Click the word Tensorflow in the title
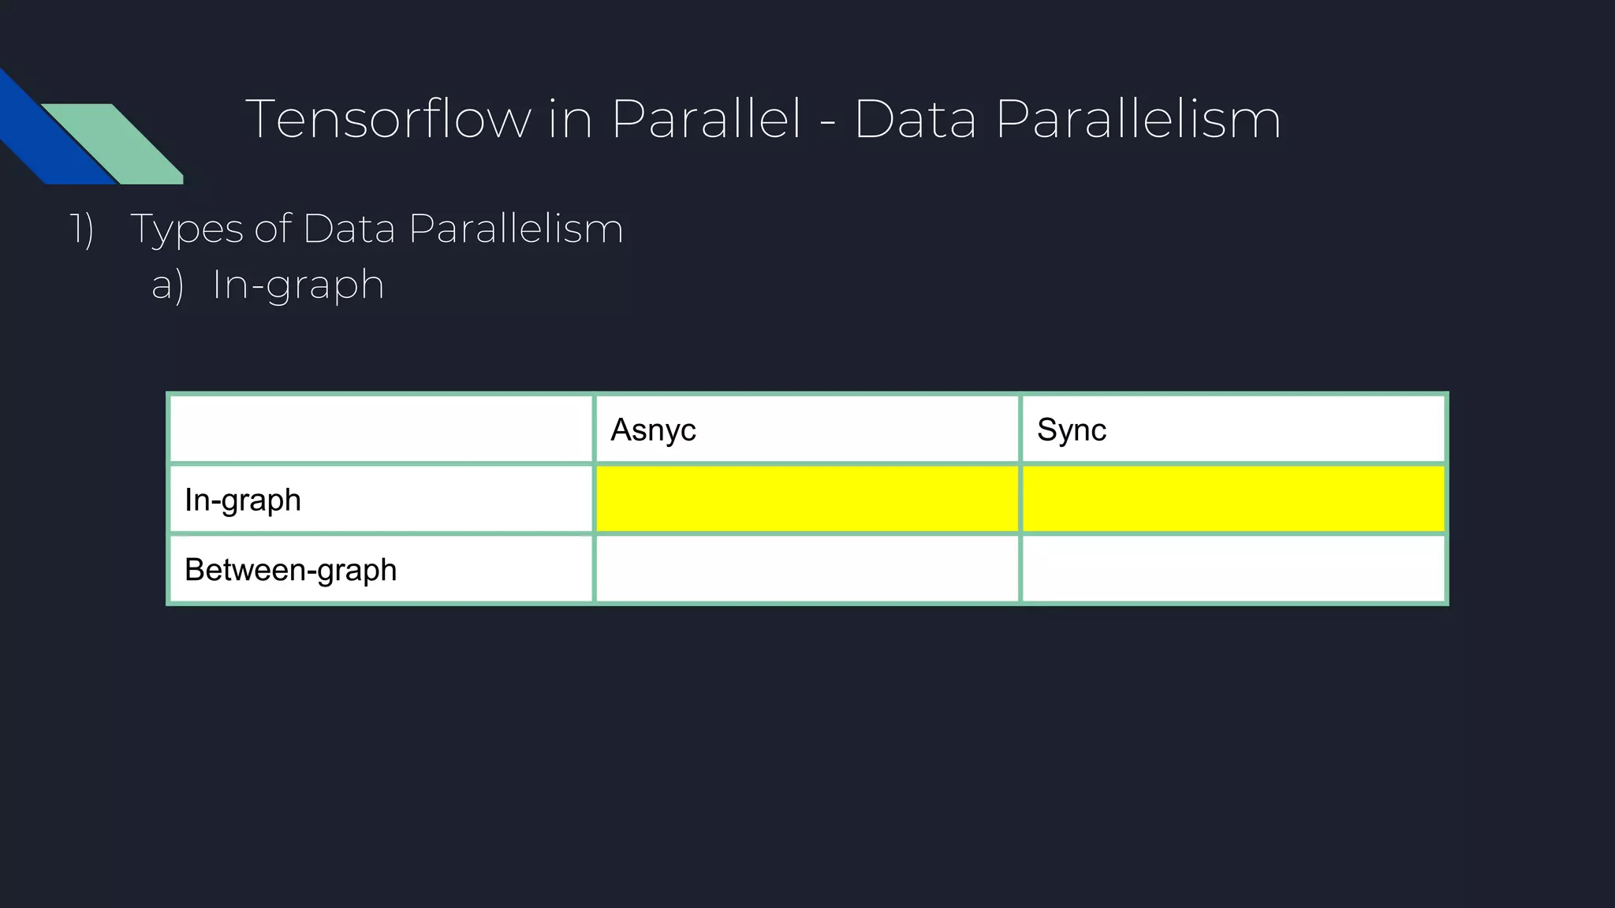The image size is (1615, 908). point(388,120)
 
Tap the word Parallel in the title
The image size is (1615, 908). point(706,120)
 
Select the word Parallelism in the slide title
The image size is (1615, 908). point(1138,120)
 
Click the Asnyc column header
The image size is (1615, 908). point(653,430)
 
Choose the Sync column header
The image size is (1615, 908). point(1071,430)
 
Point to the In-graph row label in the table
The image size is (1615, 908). point(243,501)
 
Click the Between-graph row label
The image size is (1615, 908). point(290,570)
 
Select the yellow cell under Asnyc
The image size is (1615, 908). point(807,499)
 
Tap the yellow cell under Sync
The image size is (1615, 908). point(1233,499)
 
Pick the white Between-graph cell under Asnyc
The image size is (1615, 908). point(807,569)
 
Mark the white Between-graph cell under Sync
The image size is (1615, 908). point(1233,569)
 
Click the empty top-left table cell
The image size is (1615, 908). point(381,429)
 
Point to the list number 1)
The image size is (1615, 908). point(82,229)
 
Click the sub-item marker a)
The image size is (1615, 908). point(167,285)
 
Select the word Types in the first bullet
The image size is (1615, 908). point(187,229)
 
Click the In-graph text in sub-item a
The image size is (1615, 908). point(298,285)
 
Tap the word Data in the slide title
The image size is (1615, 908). point(915,120)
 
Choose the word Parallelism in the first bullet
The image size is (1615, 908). point(516,229)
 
